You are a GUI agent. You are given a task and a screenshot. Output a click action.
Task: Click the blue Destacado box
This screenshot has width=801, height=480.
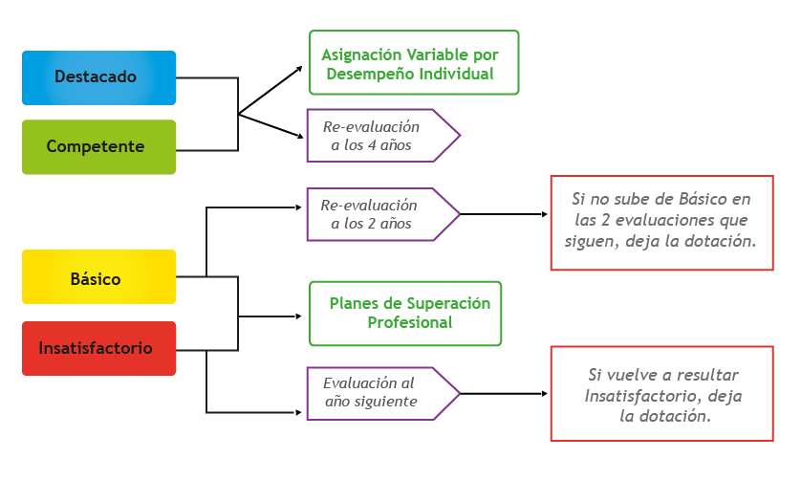pyautogui.click(x=99, y=77)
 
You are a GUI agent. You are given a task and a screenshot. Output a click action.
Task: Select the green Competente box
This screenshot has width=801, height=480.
pyautogui.click(x=99, y=147)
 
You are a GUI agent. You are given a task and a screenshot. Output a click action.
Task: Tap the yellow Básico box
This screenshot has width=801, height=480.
pyautogui.click(x=99, y=279)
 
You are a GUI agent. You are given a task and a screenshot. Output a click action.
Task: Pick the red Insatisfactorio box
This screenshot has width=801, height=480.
pyautogui.click(x=99, y=348)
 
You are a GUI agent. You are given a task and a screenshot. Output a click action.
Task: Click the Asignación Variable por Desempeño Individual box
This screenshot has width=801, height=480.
pyautogui.click(x=414, y=63)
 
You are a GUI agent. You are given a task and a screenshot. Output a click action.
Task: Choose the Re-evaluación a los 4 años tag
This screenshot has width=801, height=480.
pyautogui.click(x=378, y=136)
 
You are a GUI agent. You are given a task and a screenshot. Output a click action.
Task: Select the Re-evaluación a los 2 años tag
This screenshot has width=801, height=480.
pyautogui.click(x=378, y=214)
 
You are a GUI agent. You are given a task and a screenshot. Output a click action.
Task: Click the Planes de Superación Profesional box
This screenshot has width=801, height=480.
pyautogui.click(x=406, y=313)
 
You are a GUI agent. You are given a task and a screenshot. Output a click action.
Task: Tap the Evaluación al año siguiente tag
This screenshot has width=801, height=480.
pyautogui.click(x=378, y=392)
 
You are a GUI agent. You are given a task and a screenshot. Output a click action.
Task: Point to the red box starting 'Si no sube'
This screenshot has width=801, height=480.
pyautogui.click(x=661, y=222)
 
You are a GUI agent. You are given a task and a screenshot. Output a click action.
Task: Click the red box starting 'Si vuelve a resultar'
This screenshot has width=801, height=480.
pyautogui.click(x=661, y=395)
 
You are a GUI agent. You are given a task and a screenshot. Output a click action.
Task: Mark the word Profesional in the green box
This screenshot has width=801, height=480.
pyautogui.click(x=410, y=323)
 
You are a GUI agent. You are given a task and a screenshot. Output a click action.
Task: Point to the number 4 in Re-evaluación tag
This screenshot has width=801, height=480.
pyautogui.click(x=373, y=145)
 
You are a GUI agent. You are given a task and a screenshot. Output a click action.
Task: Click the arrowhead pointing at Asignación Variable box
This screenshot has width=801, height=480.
pyautogui.click(x=298, y=69)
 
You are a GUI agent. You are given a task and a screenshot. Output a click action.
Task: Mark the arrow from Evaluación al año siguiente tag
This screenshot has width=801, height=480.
pyautogui.click(x=502, y=392)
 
